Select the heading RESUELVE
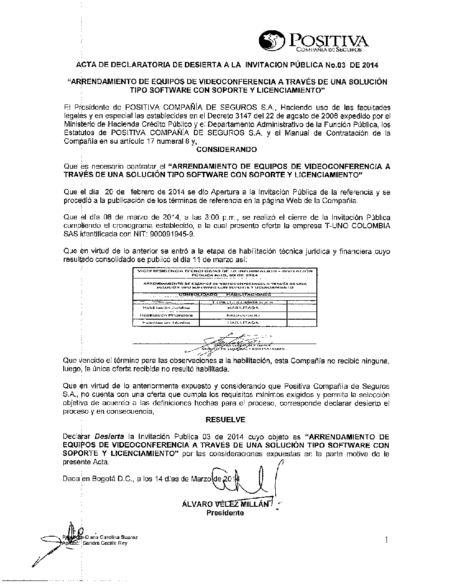click(225, 420)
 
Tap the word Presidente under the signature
click(225, 513)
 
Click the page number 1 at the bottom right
click(387, 539)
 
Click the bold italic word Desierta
click(109, 437)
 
